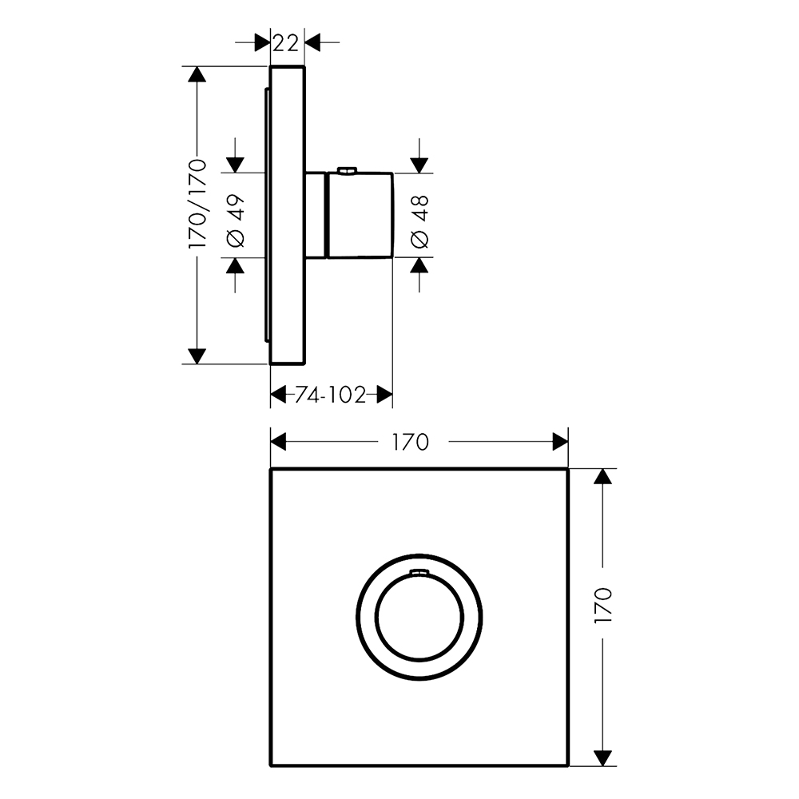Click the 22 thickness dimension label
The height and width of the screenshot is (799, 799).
tap(285, 44)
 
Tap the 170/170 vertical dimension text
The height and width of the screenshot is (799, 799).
tap(197, 204)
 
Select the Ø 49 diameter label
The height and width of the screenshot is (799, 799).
tap(236, 221)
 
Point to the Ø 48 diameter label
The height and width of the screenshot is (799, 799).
tap(419, 221)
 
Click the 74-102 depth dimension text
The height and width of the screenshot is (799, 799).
tap(331, 395)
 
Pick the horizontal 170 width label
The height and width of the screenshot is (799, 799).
tap(410, 443)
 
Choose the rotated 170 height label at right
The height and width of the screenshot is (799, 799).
tap(602, 604)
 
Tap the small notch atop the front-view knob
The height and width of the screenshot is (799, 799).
tap(419, 573)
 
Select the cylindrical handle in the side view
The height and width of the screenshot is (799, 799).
tap(360, 215)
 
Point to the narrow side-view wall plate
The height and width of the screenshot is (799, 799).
tap(287, 215)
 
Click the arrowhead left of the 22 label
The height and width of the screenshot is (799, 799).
tap(262, 43)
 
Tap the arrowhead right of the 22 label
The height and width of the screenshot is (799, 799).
tap(312, 43)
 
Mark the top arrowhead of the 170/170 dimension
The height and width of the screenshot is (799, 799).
tap(197, 74)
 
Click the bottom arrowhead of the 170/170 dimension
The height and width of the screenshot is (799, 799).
tap(197, 356)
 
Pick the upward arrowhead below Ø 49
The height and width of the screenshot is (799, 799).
tap(236, 265)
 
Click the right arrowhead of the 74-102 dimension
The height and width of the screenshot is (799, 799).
tap(385, 395)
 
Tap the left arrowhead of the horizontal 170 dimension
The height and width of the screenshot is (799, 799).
tap(278, 443)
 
